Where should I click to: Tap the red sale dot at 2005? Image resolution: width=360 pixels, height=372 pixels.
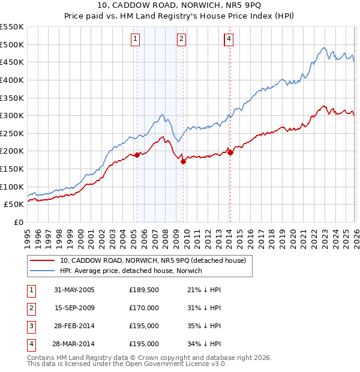pyautogui.click(x=137, y=155)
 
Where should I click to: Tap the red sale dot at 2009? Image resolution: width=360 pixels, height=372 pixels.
pyautogui.click(x=183, y=161)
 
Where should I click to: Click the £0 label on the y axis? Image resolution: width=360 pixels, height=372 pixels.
pyautogui.click(x=19, y=222)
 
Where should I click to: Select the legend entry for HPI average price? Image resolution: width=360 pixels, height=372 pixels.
pyautogui.click(x=131, y=271)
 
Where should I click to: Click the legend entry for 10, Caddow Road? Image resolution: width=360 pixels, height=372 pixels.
pyautogui.click(x=152, y=260)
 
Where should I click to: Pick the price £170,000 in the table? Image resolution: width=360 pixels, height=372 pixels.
pyautogui.click(x=144, y=308)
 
